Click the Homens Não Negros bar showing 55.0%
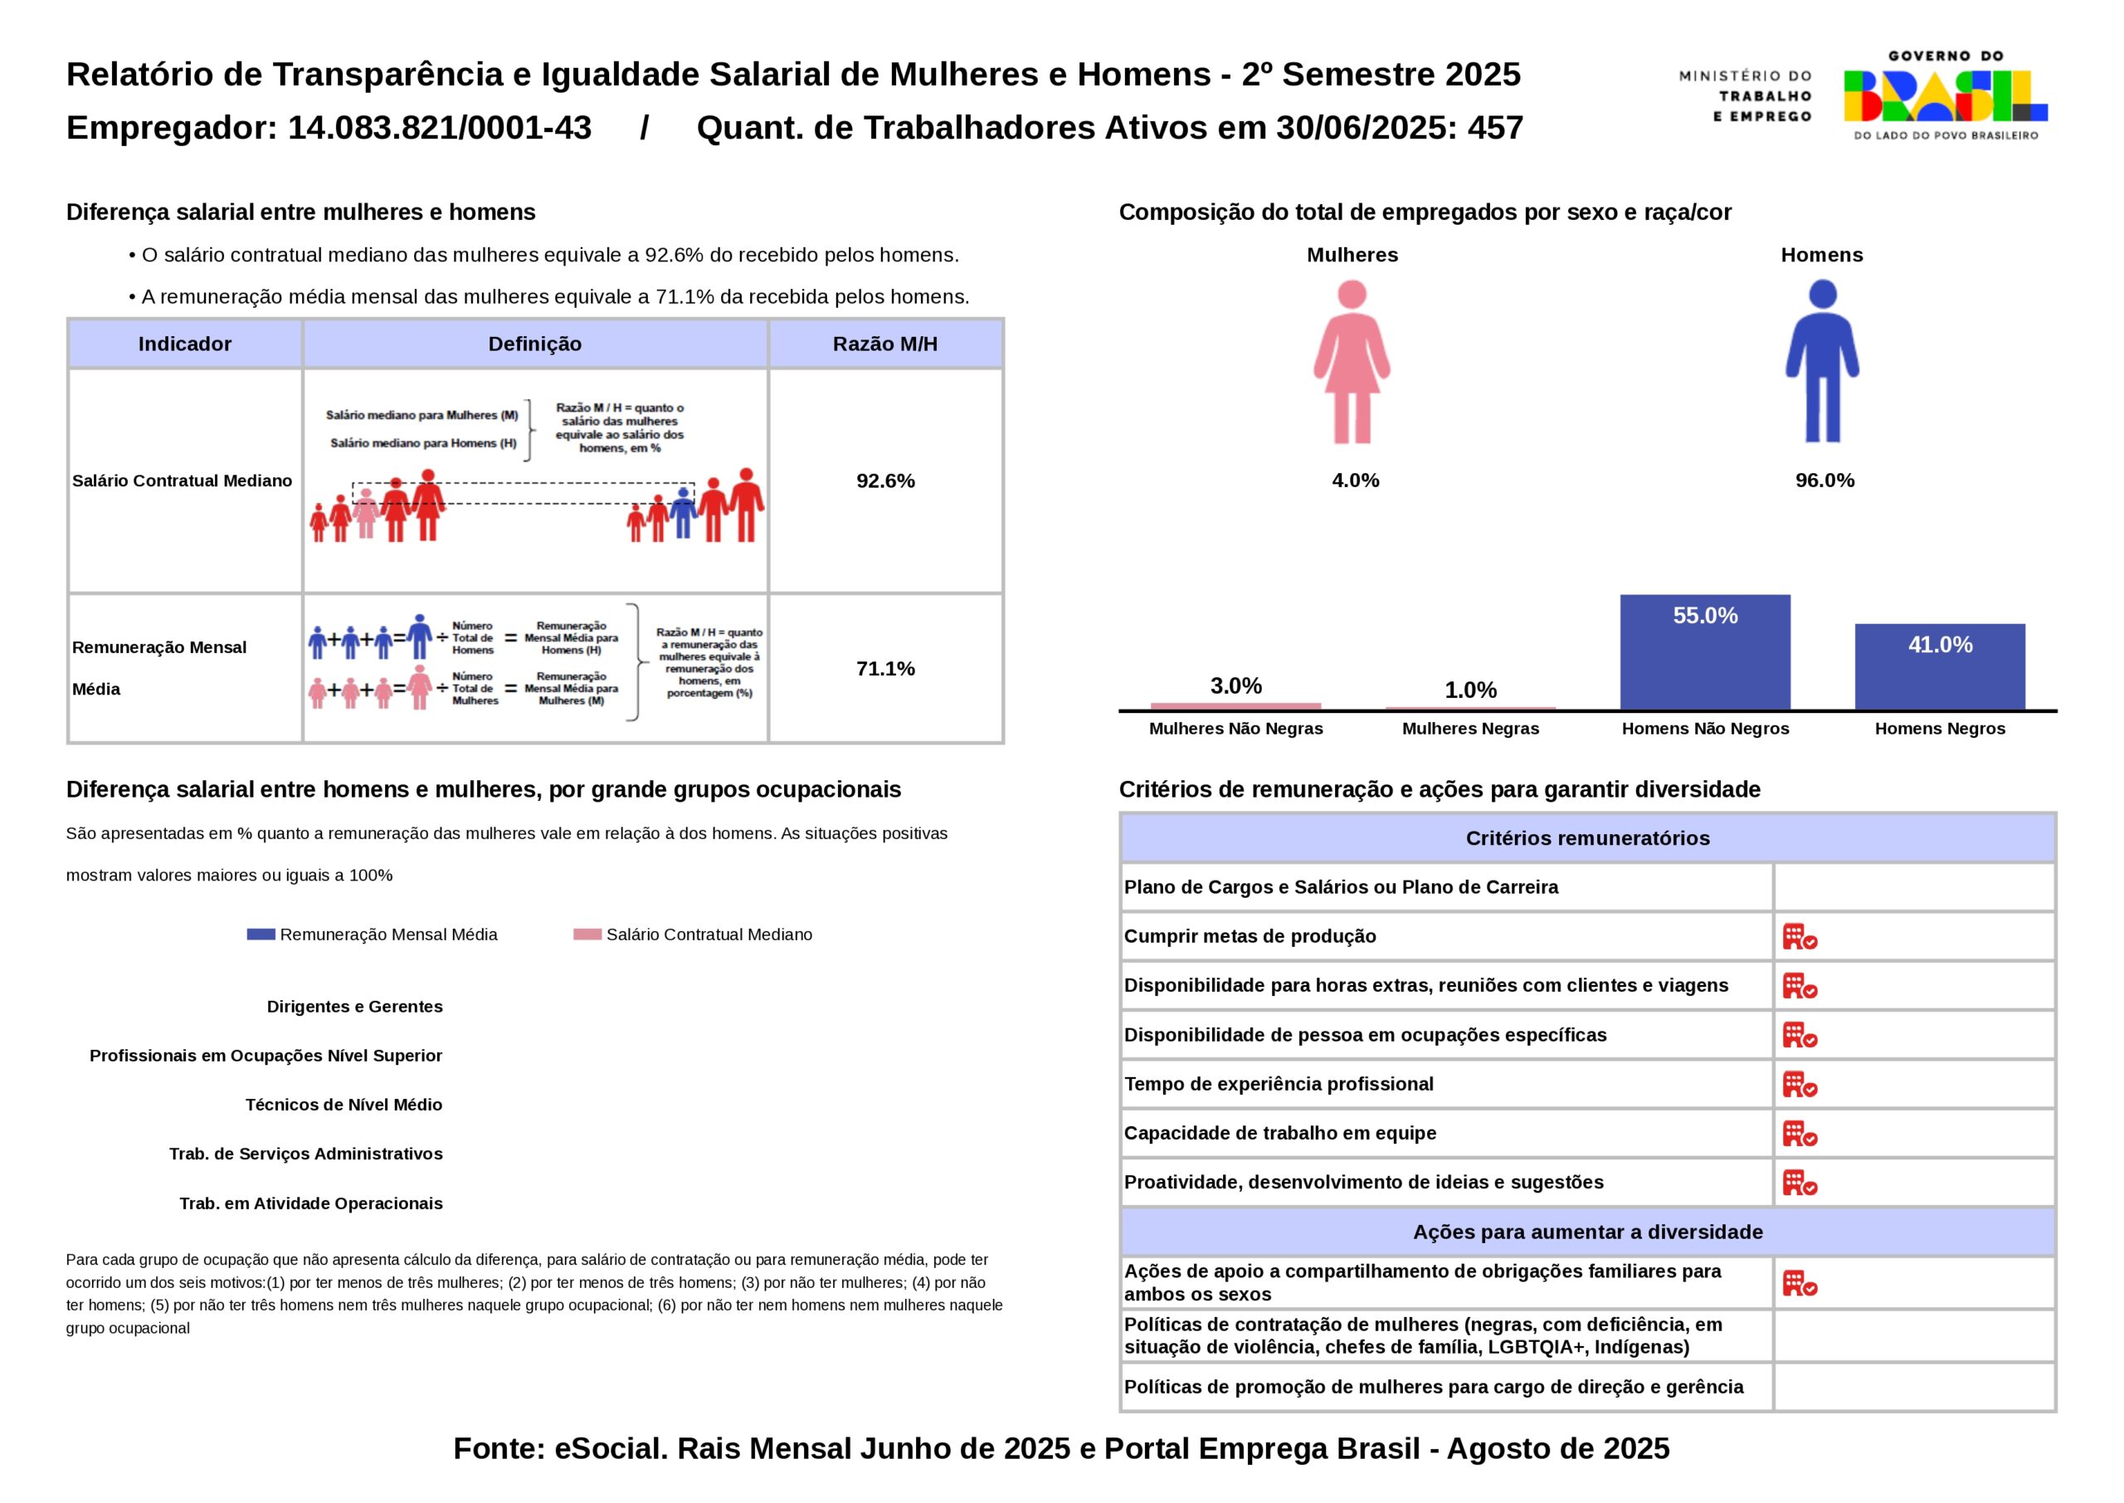pos(1704,651)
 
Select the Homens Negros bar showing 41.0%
pos(1939,666)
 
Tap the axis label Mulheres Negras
pos(1470,729)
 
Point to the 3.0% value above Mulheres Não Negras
pos(1236,686)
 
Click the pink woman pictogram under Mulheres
pos(1352,363)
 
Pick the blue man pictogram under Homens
pos(1821,363)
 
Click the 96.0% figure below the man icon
pos(1824,481)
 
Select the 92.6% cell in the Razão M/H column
pos(885,481)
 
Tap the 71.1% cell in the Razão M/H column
pos(885,668)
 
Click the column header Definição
pos(534,344)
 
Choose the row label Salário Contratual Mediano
pos(183,481)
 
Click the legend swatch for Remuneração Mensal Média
pos(261,934)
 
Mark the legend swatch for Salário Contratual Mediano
pos(587,934)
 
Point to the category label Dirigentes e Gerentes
pos(354,1007)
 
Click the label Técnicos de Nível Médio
pos(343,1105)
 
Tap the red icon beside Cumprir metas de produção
pos(1800,937)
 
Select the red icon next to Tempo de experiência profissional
pos(1800,1085)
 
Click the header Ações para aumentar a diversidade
pos(1587,1232)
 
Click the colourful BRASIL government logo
pos(1945,95)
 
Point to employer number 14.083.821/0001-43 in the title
pos(440,128)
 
